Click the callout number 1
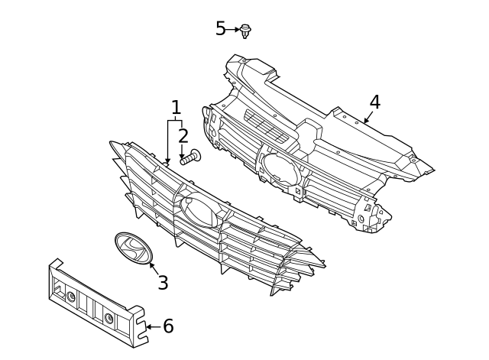click(176, 108)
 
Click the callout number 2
click(183, 137)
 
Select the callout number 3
click(163, 283)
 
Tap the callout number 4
click(374, 102)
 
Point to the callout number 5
click(220, 29)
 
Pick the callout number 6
click(168, 327)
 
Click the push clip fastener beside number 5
click(245, 31)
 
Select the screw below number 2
click(189, 158)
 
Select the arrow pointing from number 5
click(232, 29)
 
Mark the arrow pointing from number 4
click(368, 118)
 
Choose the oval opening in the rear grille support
click(281, 165)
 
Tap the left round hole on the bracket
click(71, 296)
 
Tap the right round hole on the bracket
click(109, 317)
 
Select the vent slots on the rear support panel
click(268, 125)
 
